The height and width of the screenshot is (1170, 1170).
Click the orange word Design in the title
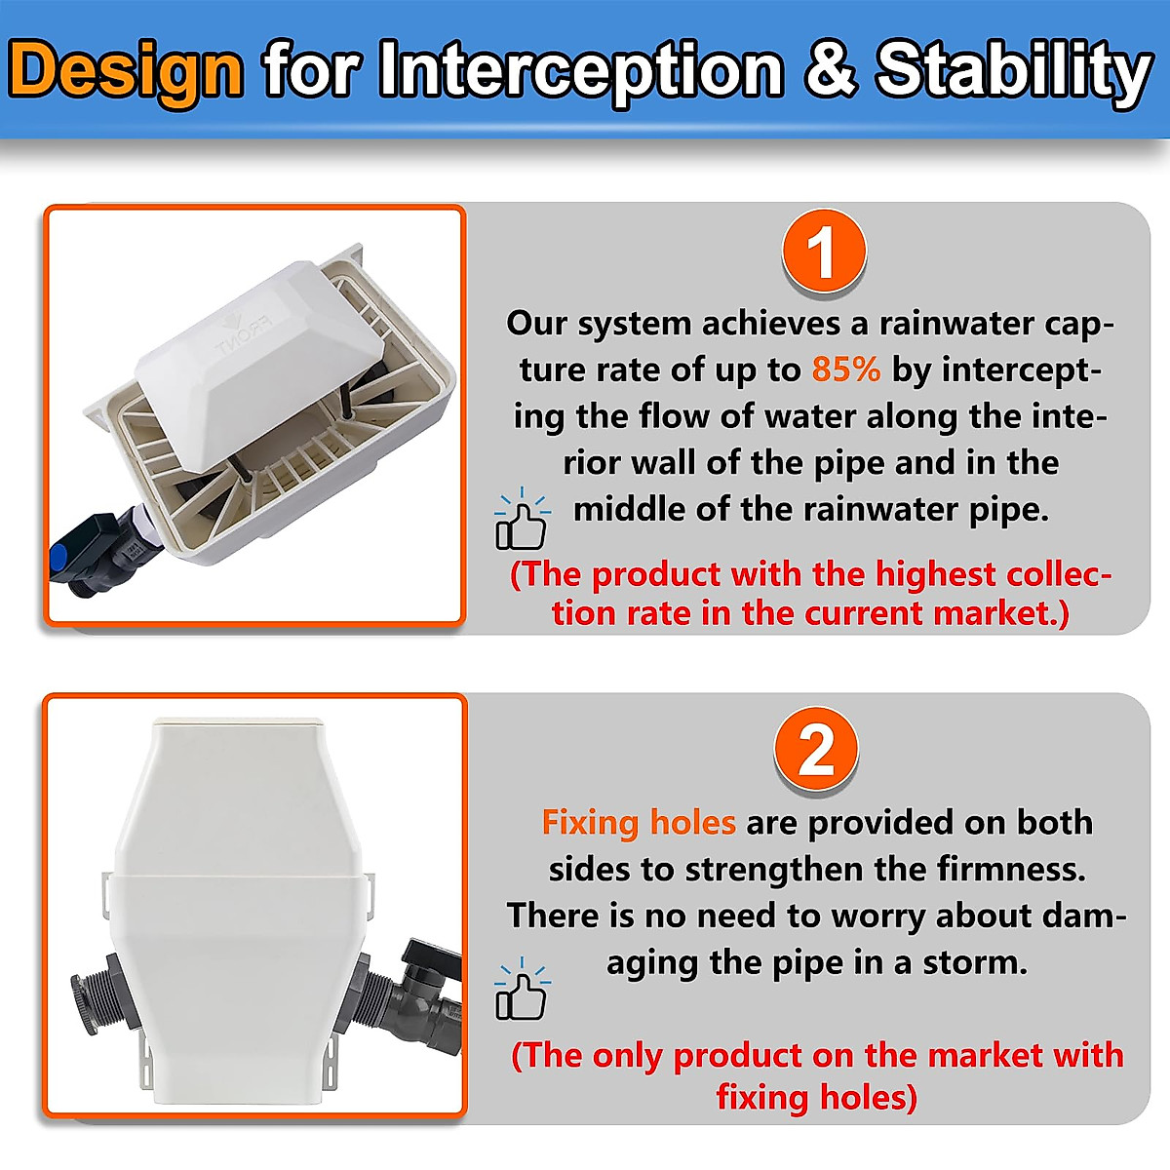tap(127, 70)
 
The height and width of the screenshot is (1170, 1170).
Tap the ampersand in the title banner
tap(831, 70)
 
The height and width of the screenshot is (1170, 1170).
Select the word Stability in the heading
tap(1014, 70)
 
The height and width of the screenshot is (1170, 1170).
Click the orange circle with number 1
tap(824, 253)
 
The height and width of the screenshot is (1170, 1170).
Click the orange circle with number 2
tap(816, 752)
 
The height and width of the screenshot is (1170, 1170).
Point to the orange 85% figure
tap(845, 370)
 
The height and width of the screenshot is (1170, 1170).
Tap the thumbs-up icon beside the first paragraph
tap(522, 521)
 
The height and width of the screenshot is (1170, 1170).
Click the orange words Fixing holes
tap(639, 822)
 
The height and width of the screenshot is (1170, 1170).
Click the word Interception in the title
tap(580, 70)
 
